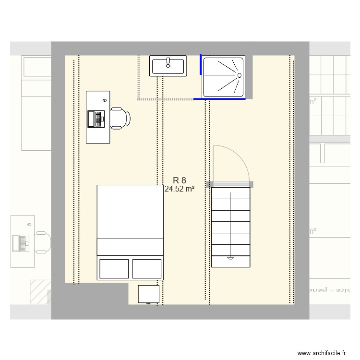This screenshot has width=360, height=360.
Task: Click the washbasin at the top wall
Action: [168, 66]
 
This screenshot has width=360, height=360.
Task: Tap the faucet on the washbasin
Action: [168, 61]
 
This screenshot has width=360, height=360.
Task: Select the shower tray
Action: [223, 76]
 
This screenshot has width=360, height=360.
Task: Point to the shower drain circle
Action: [239, 75]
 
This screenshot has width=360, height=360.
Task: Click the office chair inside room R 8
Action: [120, 118]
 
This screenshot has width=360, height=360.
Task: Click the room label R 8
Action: [180, 180]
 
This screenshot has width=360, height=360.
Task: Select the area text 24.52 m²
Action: [180, 189]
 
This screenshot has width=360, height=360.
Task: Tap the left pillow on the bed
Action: [114, 269]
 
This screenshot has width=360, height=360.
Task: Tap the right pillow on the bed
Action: [146, 269]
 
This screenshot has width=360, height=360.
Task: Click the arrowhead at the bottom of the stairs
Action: [230, 258]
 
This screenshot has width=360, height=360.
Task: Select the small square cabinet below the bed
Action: [148, 294]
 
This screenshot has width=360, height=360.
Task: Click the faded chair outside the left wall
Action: [42, 242]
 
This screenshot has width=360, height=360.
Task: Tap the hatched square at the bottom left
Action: [40, 292]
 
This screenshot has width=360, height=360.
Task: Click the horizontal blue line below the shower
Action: [219, 99]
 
